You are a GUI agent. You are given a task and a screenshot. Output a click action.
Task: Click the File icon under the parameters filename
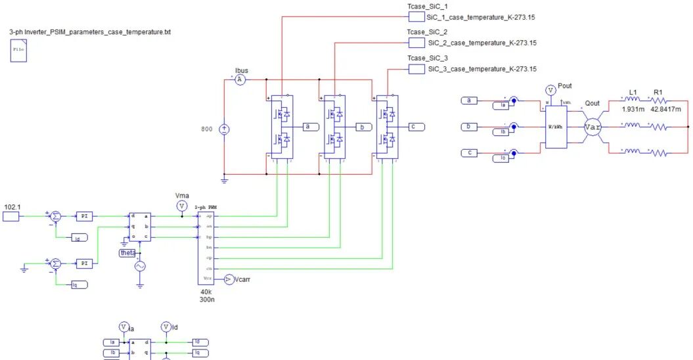[18, 51]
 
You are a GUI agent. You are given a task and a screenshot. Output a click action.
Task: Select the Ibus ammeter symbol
[240, 79]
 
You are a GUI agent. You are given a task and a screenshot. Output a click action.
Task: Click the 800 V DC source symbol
[224, 129]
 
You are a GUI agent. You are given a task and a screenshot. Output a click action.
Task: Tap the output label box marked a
[309, 126]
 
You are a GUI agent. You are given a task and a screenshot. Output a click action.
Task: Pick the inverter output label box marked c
[415, 126]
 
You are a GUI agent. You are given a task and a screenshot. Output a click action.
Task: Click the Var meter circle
[593, 127]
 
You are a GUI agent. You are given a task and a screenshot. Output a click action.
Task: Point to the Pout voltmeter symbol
[550, 90]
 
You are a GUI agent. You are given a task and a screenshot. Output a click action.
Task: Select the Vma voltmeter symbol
[182, 206]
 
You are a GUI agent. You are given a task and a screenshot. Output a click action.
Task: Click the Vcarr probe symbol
[229, 279]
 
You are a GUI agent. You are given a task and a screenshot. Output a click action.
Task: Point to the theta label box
[127, 253]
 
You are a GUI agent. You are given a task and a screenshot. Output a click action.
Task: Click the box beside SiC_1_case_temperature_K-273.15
[416, 17]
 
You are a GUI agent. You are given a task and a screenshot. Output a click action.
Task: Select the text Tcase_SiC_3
[427, 58]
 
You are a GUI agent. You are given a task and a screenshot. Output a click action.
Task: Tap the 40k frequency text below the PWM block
[206, 290]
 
